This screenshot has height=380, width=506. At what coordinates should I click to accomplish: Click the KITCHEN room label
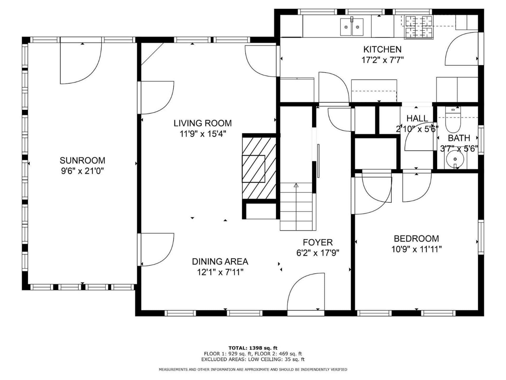tap(382, 49)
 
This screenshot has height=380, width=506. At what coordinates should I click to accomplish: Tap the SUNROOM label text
tap(82, 160)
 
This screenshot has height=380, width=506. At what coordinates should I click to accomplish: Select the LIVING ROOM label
tap(203, 123)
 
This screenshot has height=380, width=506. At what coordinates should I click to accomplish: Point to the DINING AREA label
tap(220, 262)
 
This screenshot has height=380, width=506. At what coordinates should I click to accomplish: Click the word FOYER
tap(318, 242)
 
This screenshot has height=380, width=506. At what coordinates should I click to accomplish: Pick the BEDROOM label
tap(416, 239)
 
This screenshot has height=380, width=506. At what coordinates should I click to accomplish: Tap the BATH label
tap(459, 138)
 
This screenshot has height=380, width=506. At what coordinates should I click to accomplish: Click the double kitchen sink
tap(352, 27)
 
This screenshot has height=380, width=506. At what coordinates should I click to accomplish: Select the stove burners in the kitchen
tap(419, 27)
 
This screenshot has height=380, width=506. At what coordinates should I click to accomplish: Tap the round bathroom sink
tap(455, 159)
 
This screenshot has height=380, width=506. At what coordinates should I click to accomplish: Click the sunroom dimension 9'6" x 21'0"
tap(82, 171)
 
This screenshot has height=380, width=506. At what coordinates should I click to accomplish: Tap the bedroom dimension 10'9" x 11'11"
tap(416, 249)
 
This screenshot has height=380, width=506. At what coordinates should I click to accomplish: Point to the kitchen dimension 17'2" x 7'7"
tap(382, 60)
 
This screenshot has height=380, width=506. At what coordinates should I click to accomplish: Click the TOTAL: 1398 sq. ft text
tap(253, 348)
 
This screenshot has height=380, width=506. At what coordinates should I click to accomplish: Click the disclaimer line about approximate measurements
tap(253, 369)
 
